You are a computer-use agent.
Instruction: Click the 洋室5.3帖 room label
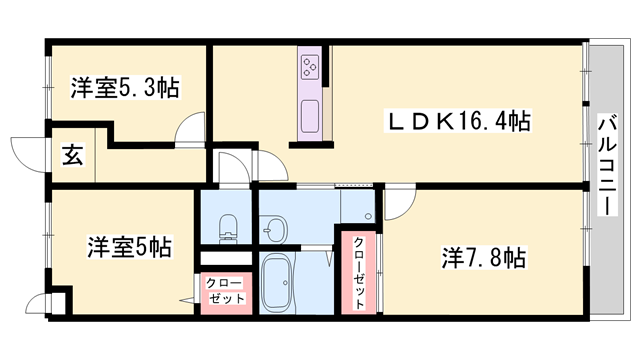[125, 87]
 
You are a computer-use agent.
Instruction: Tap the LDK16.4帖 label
[458, 121]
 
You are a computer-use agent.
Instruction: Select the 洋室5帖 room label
[129, 247]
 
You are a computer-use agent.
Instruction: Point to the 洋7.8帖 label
[484, 257]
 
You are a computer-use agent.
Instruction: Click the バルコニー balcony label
[607, 165]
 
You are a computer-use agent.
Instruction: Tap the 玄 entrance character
[73, 155]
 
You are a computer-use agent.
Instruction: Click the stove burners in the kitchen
[309, 67]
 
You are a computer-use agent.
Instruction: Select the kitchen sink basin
[310, 116]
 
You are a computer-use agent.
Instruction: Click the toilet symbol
[228, 227]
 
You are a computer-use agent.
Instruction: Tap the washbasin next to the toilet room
[273, 229]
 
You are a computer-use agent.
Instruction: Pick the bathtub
[277, 283]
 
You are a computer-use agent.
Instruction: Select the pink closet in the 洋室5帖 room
[226, 293]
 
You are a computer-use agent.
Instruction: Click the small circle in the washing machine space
[369, 216]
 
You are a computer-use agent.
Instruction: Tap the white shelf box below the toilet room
[226, 259]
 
